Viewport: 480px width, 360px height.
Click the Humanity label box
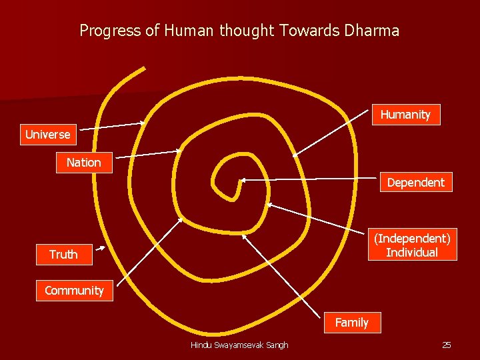point(405,115)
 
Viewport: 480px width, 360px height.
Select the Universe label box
point(47,135)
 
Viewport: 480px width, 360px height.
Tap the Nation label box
point(83,163)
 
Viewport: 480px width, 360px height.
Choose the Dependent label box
point(415,182)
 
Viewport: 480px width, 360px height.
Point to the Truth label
point(63,255)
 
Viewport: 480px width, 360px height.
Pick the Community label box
point(74,291)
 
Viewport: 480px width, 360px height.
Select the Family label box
point(351,323)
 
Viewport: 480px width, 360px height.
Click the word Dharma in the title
point(373,30)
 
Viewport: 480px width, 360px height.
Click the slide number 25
point(447,345)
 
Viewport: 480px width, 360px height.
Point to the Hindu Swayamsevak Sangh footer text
point(239,345)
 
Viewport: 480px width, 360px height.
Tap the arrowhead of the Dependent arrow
point(242,179)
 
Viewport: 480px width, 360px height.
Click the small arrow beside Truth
point(100,249)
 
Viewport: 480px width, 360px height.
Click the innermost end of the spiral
point(234,198)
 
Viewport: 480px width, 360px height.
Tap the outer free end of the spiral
point(143,69)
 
